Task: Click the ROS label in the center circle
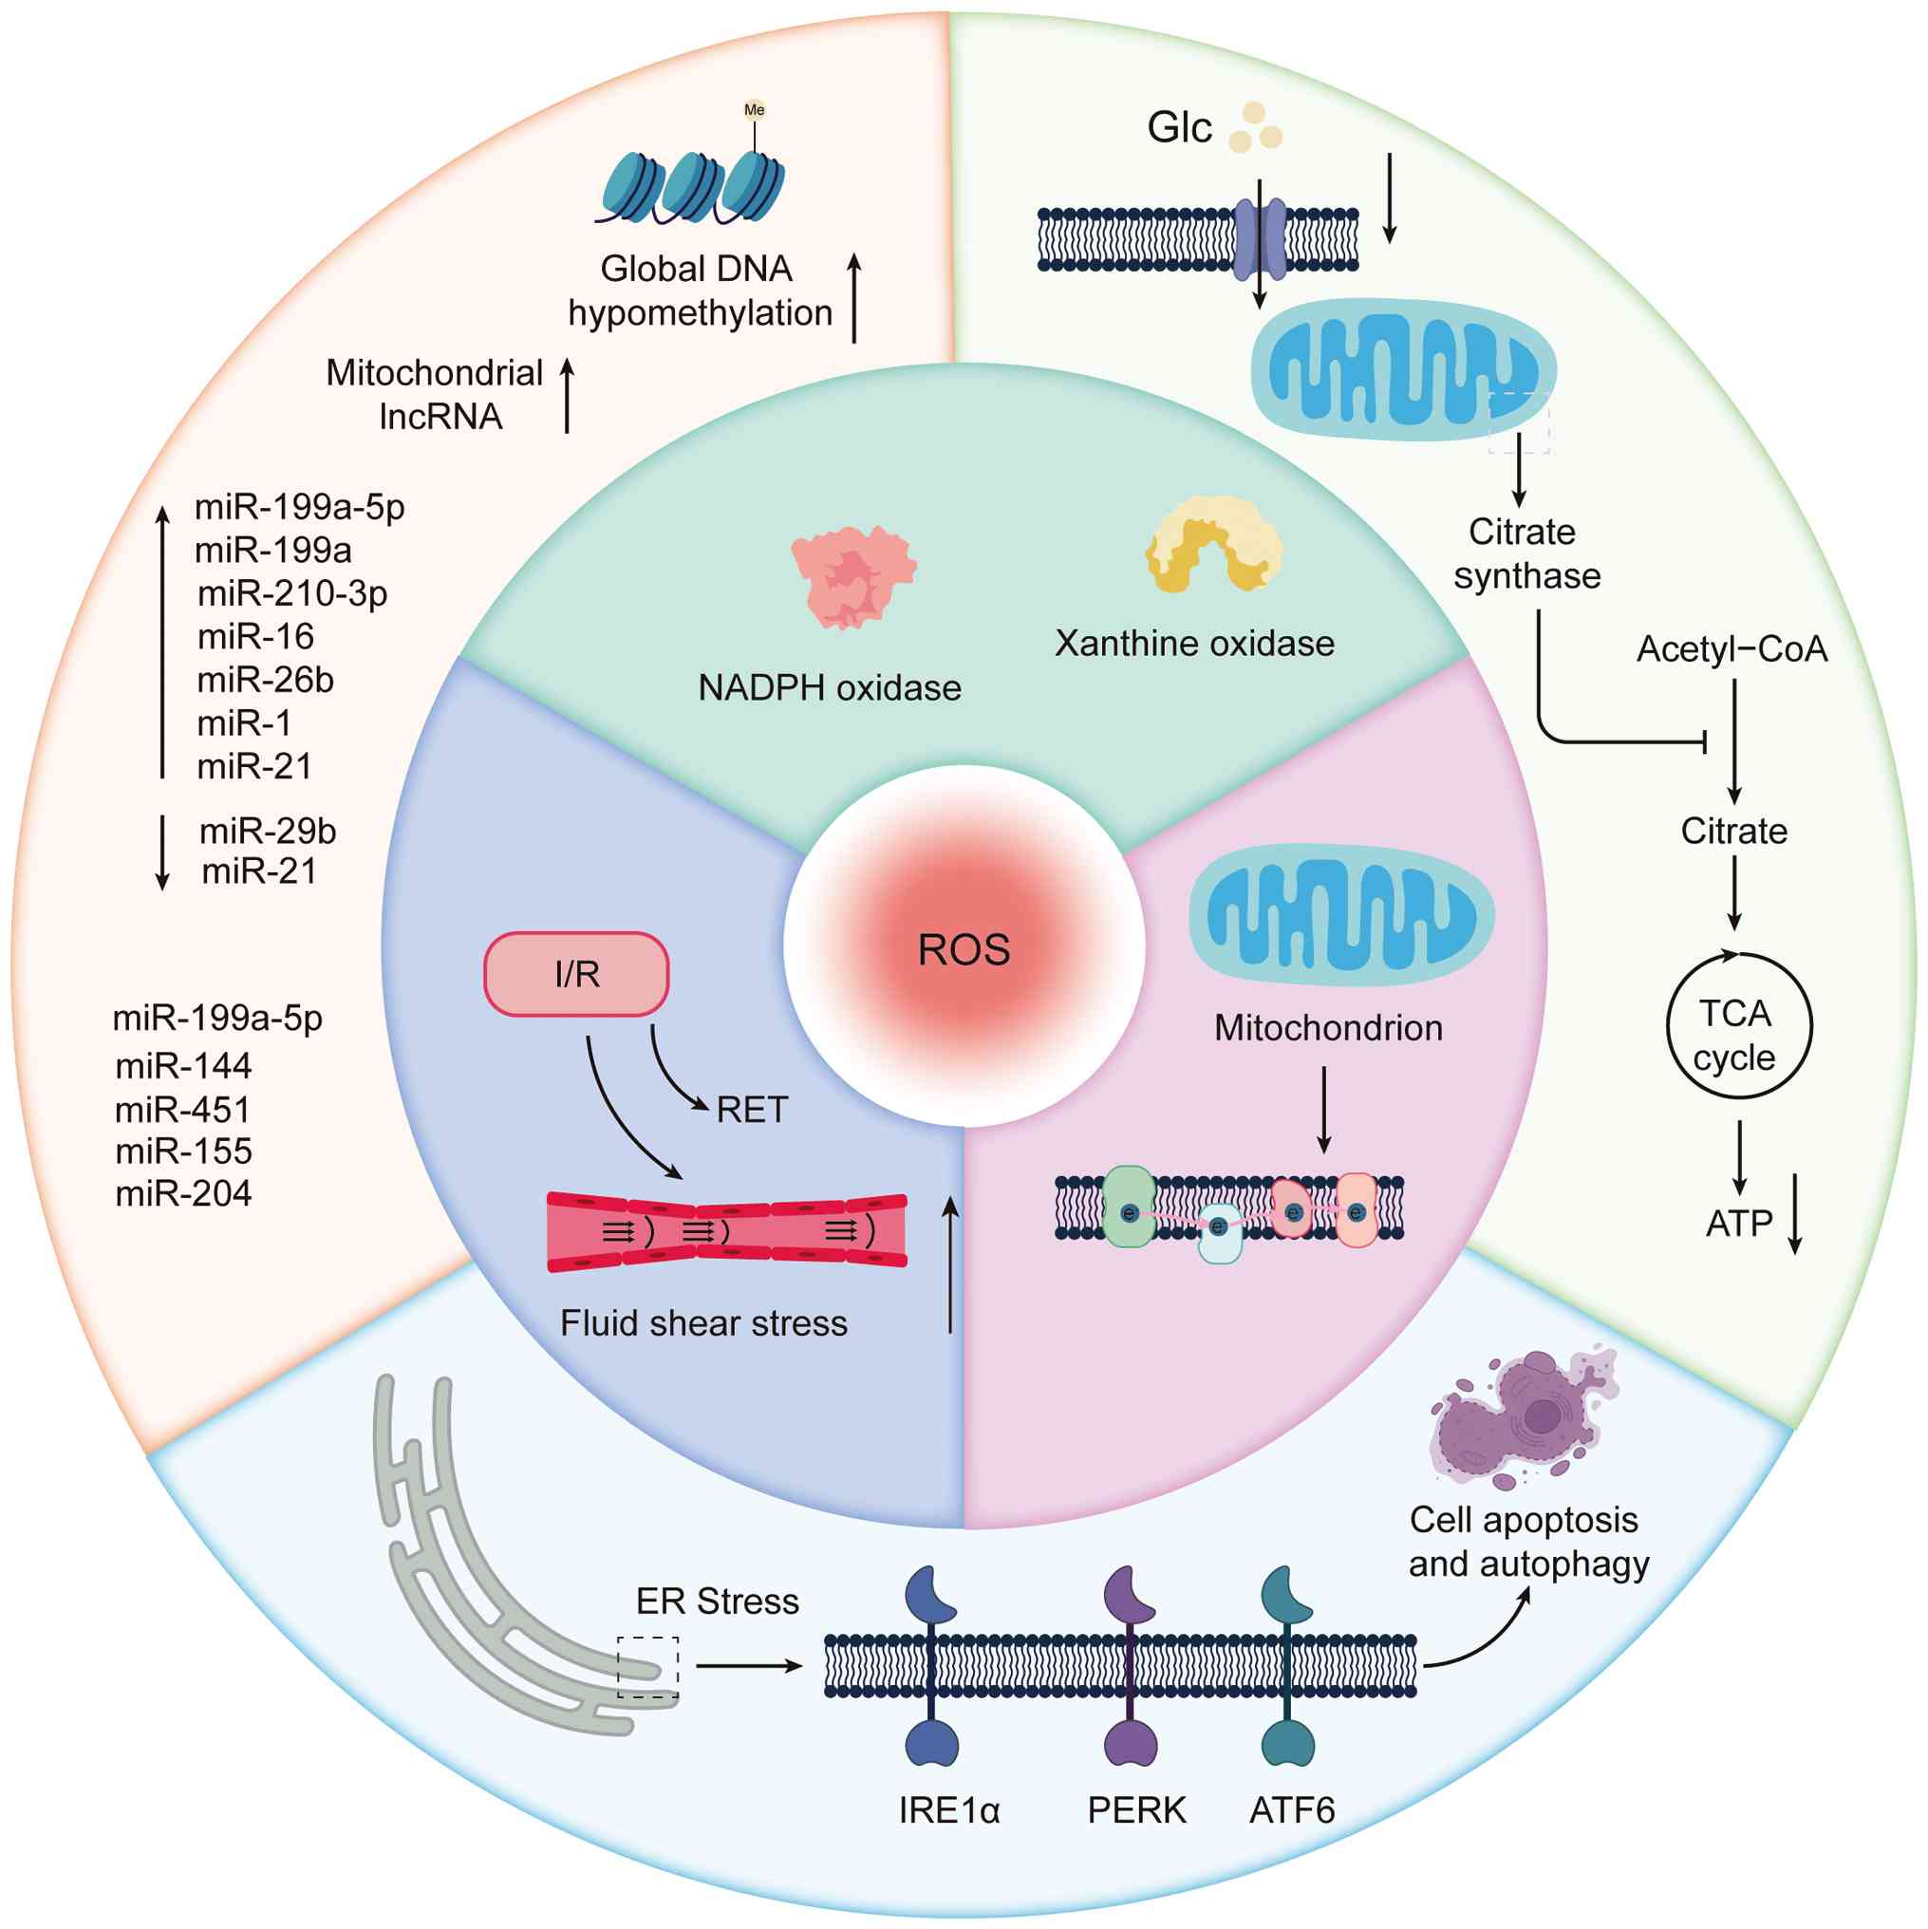(964, 948)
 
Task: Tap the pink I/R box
(576, 973)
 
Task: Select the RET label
(752, 1110)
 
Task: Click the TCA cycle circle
(1738, 1026)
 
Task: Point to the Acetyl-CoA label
(1731, 649)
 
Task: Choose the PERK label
(1136, 1809)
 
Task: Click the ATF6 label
(1292, 1809)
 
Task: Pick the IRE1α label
(948, 1809)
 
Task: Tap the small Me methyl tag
(754, 110)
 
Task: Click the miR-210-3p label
(292, 593)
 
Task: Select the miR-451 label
(182, 1110)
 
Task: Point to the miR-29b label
(268, 830)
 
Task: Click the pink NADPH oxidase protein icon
(853, 577)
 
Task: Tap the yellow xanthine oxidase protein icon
(1213, 544)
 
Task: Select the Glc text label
(1179, 128)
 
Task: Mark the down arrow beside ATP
(1794, 1214)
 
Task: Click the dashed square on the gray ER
(648, 1666)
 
